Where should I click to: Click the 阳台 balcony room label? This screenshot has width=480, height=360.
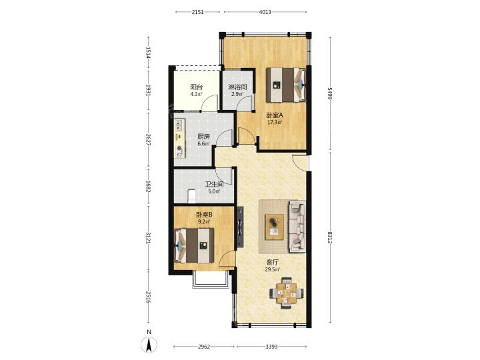[x=196, y=87]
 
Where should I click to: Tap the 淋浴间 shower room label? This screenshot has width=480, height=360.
[x=237, y=87]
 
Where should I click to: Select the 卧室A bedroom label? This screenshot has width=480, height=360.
[x=274, y=115]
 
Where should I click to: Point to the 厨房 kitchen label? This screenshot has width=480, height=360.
[x=203, y=137]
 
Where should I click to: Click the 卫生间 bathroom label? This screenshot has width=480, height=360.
[x=214, y=184]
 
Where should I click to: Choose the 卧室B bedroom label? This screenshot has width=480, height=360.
[x=204, y=215]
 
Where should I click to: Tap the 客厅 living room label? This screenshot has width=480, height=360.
[x=273, y=263]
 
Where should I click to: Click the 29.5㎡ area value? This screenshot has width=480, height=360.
[x=273, y=270]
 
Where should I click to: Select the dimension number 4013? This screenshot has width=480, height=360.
[x=265, y=12]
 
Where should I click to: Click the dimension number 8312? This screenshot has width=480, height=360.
[x=330, y=237]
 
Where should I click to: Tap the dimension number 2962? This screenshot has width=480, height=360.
[x=204, y=347]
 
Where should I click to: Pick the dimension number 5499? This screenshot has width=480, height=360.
[x=330, y=93]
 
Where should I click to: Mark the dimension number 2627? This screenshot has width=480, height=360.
[x=148, y=140]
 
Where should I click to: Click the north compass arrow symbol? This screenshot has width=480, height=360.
[x=149, y=345]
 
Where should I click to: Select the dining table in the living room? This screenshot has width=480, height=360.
[x=287, y=293]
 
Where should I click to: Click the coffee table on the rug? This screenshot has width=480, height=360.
[x=274, y=227]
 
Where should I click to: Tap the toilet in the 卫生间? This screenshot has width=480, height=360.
[x=191, y=196]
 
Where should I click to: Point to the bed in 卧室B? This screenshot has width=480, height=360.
[x=194, y=245]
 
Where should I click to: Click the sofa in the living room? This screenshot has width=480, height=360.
[x=297, y=227]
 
